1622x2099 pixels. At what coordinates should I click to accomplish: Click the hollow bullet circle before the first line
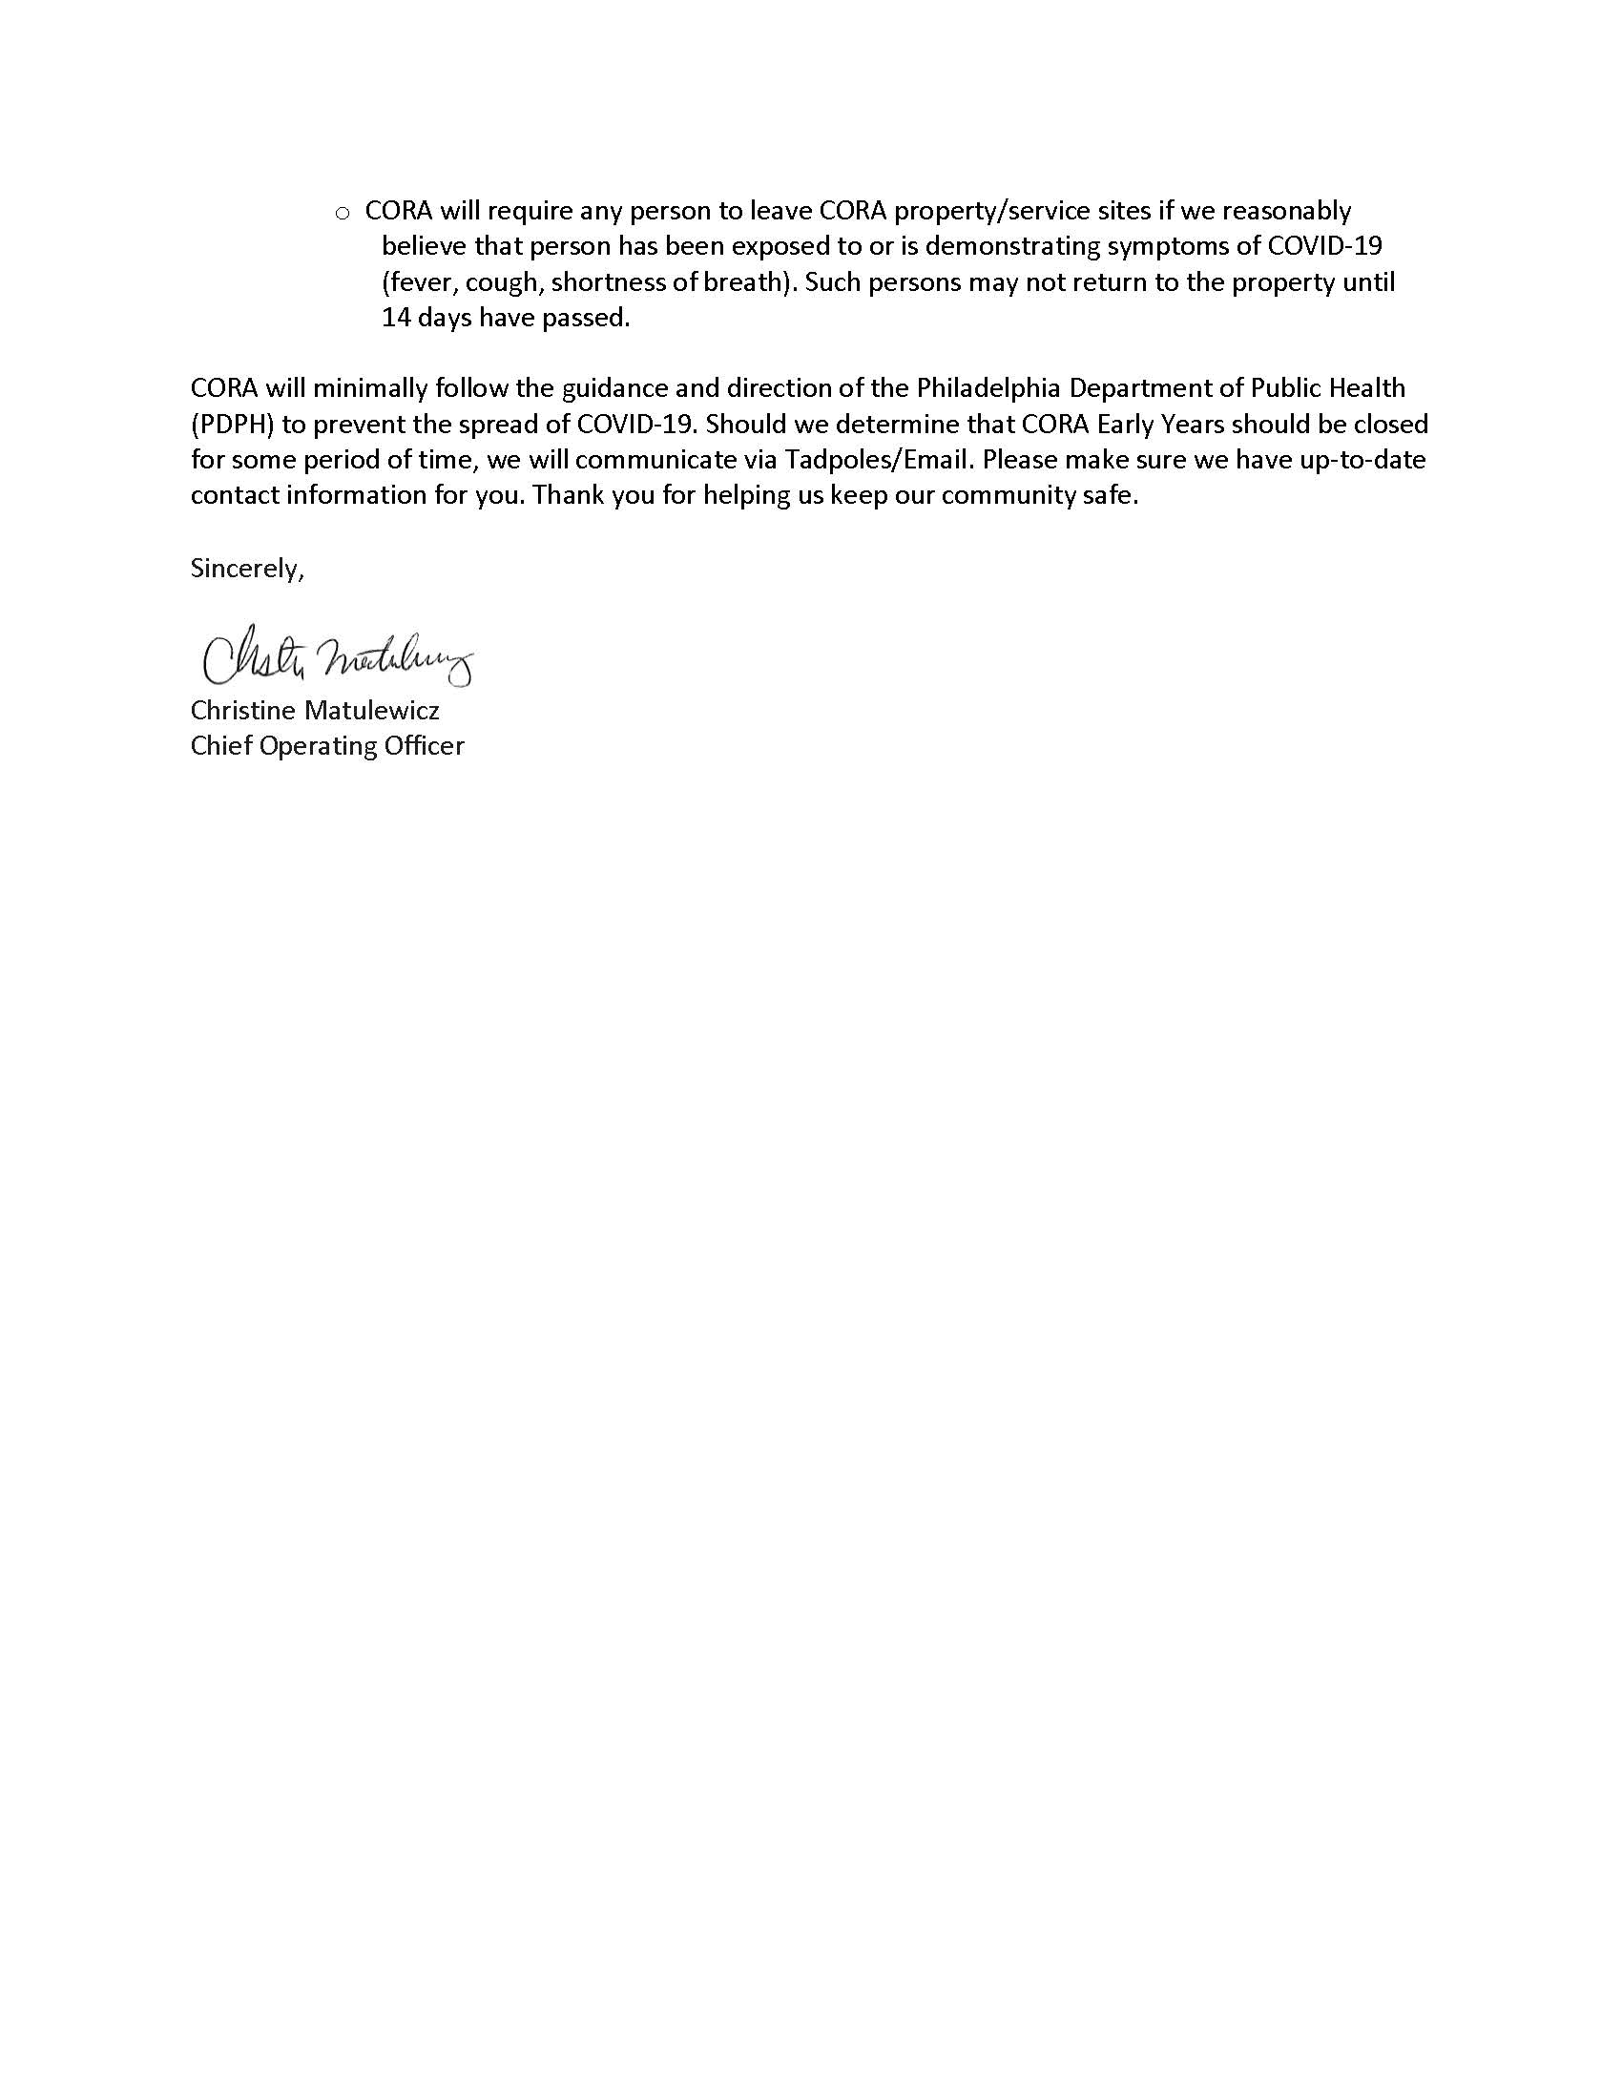tap(343, 214)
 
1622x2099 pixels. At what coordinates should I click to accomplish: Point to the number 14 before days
tap(396, 318)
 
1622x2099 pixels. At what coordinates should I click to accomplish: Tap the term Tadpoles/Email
tap(875, 460)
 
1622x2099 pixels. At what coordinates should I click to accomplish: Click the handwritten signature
tap(336, 656)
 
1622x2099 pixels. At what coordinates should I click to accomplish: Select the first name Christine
tap(243, 710)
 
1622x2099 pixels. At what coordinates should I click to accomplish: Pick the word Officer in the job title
tap(424, 746)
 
